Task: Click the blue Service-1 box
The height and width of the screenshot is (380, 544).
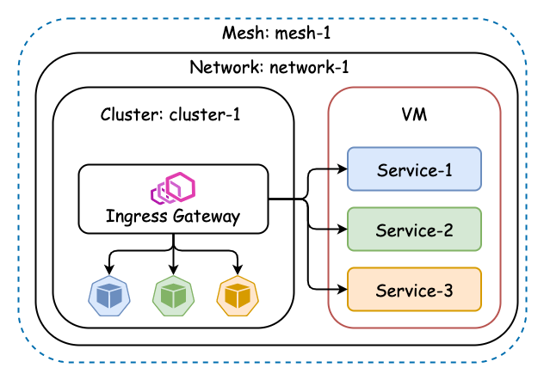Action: (414, 169)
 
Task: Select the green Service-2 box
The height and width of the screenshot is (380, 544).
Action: (414, 230)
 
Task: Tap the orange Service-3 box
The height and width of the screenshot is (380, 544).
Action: (414, 290)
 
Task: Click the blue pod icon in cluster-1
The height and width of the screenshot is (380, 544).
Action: (109, 296)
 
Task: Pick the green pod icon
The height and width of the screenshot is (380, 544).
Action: (174, 296)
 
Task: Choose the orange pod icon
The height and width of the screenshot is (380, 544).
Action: (238, 296)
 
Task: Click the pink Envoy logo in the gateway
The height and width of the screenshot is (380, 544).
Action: (173, 187)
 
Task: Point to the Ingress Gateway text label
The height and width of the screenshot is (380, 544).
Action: (173, 217)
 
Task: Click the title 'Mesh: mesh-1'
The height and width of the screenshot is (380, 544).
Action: (276, 34)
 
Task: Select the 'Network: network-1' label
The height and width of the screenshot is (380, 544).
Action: (269, 67)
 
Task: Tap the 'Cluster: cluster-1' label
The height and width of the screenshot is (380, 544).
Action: (170, 114)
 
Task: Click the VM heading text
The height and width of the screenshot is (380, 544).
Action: (414, 114)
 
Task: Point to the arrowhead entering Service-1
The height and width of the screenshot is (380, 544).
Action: (343, 169)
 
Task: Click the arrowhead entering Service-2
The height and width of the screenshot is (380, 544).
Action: (343, 230)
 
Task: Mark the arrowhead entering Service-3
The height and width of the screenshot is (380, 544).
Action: (343, 290)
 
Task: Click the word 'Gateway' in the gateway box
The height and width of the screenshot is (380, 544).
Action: (207, 217)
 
